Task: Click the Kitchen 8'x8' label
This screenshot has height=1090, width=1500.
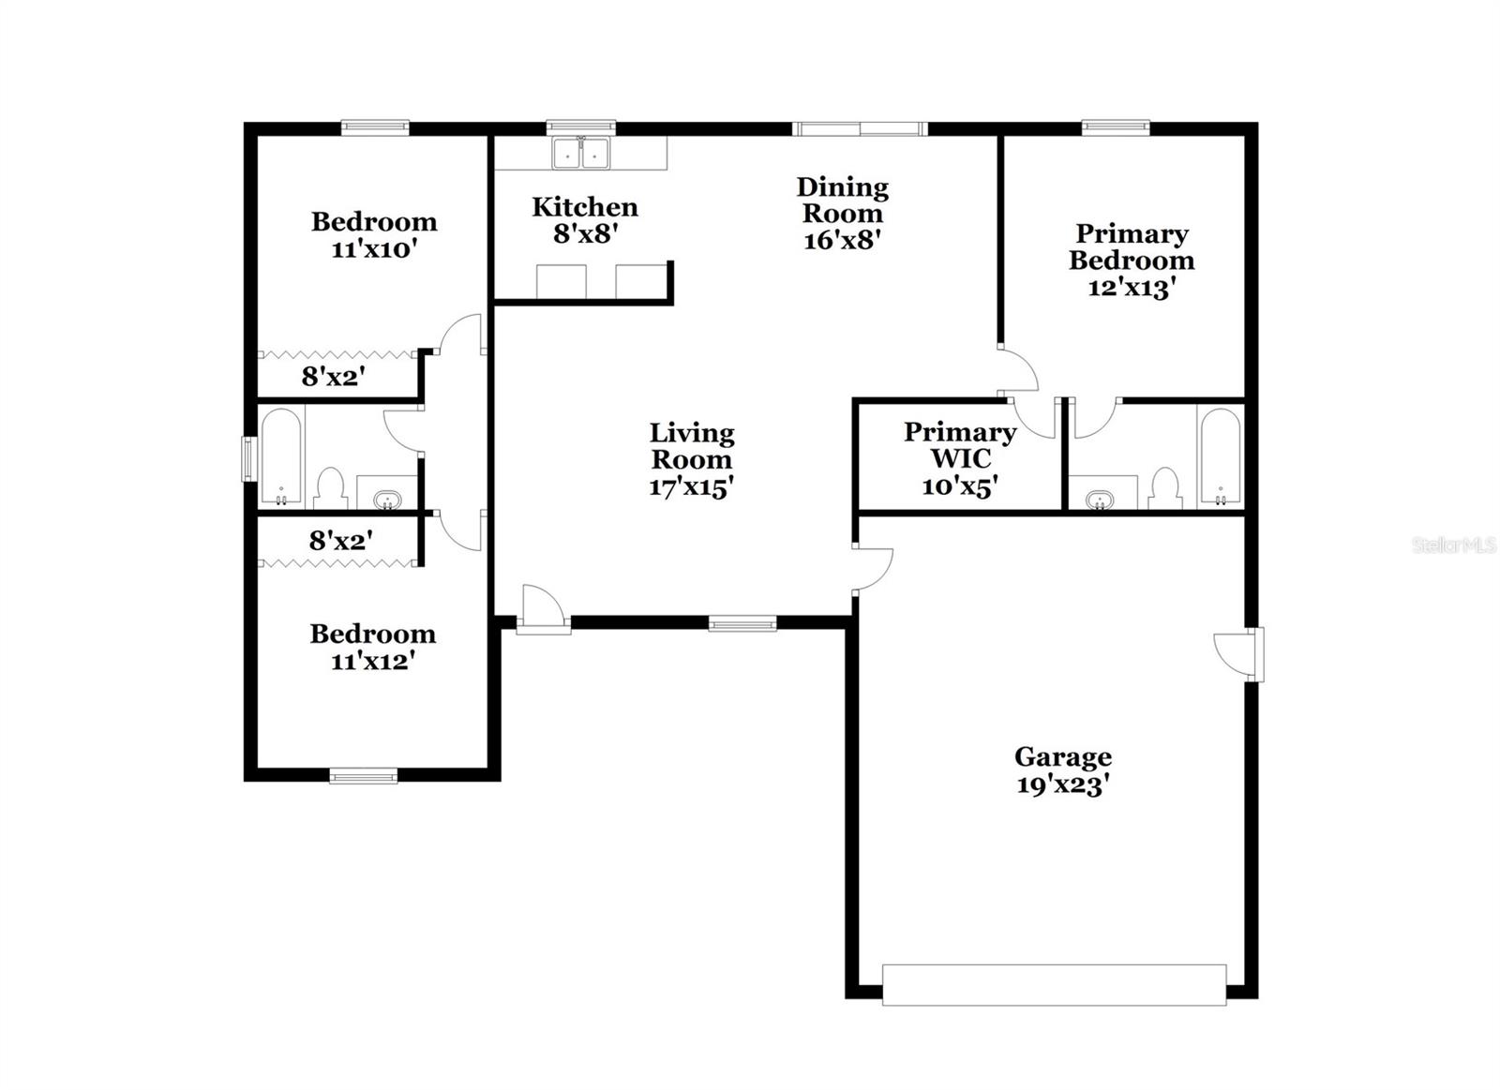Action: pyautogui.click(x=584, y=220)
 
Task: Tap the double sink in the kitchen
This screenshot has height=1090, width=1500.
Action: pyautogui.click(x=580, y=153)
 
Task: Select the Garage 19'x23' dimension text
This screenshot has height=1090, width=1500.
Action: pyautogui.click(x=1062, y=784)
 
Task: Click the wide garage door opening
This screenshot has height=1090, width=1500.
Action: pyautogui.click(x=1054, y=985)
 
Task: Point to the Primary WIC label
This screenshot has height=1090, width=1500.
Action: pyautogui.click(x=959, y=458)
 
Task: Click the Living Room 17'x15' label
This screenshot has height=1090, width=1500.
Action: pyautogui.click(x=691, y=459)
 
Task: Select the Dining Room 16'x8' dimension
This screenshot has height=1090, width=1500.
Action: pyautogui.click(x=841, y=240)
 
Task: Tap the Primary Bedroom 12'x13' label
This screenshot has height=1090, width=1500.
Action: pyautogui.click(x=1131, y=260)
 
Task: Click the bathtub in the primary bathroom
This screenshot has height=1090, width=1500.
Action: pyautogui.click(x=1220, y=456)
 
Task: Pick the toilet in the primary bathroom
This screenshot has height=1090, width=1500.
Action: pyautogui.click(x=1163, y=487)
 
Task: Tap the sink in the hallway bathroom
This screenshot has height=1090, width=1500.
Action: pyautogui.click(x=386, y=499)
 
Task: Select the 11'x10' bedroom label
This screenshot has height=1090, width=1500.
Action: pyautogui.click(x=373, y=235)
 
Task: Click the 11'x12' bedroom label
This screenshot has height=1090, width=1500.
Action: pyautogui.click(x=372, y=647)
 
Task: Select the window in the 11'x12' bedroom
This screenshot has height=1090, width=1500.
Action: pyautogui.click(x=364, y=775)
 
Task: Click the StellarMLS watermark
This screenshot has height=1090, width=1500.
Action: pyautogui.click(x=1454, y=545)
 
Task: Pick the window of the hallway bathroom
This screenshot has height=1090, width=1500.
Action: pyautogui.click(x=248, y=458)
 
